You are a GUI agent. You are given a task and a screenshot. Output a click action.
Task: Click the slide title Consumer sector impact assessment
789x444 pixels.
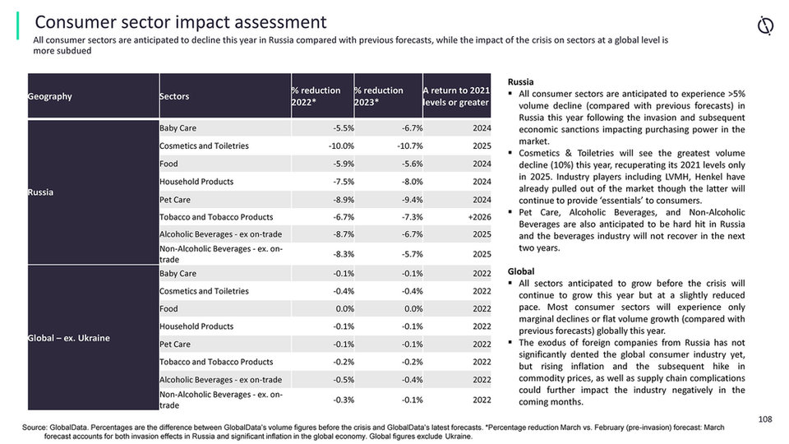click(180, 22)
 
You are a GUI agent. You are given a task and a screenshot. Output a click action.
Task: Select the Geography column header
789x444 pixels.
click(49, 96)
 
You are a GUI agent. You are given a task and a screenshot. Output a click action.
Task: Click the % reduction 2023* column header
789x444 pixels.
click(379, 96)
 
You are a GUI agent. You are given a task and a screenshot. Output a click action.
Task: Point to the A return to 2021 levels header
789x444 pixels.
click(456, 96)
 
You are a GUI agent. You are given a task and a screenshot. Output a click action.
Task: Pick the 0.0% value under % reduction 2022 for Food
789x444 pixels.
click(344, 309)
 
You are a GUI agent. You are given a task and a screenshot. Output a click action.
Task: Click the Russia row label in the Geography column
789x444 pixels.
click(41, 191)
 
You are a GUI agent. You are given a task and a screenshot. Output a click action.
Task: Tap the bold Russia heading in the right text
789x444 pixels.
click(520, 82)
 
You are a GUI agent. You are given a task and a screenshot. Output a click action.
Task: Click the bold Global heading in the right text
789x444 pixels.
click(521, 271)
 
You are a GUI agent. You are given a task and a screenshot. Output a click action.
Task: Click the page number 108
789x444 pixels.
click(765, 419)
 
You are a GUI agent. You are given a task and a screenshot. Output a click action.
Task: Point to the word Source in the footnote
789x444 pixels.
click(35, 428)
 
